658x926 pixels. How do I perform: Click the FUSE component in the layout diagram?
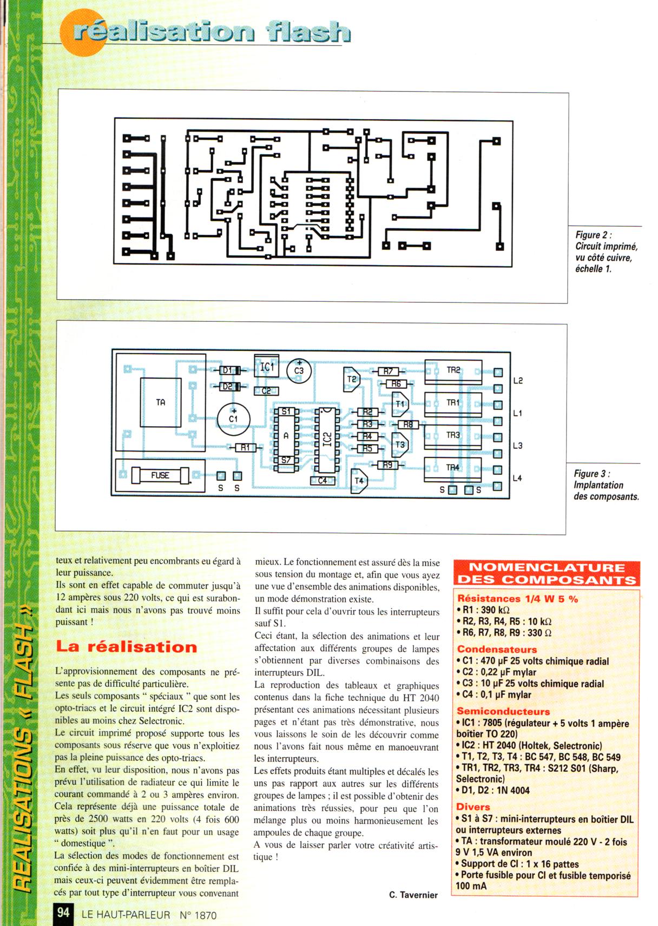coord(161,475)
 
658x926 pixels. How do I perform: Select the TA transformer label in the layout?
coord(161,402)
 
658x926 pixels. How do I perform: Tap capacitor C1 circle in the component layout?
coord(233,418)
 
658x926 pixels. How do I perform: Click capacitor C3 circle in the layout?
coord(299,371)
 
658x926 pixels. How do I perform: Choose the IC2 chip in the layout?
coord(326,438)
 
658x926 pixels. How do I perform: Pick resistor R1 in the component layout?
coord(246,447)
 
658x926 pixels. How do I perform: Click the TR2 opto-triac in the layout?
coord(453,371)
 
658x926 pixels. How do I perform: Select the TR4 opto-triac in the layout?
coord(453,467)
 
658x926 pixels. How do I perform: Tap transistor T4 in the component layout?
coord(359,480)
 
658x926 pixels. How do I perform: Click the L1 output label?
coord(518,413)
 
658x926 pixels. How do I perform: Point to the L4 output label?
coord(518,478)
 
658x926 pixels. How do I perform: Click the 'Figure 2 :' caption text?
coord(594,235)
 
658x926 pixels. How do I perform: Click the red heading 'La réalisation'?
coord(127,647)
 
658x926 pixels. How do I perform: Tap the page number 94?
coord(63,912)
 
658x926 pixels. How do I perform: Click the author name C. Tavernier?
coord(413,895)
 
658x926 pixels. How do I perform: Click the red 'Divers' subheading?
coord(473,807)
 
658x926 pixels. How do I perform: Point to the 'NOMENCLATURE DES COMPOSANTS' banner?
coord(547,574)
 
